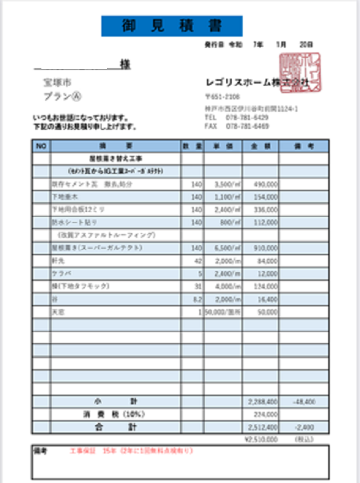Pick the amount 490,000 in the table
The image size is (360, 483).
coord(265,185)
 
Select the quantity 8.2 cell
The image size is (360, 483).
coord(196,299)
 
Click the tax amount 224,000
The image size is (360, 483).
coord(265,415)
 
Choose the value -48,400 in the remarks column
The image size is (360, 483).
coord(305,401)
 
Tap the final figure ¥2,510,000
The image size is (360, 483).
coord(260,438)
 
